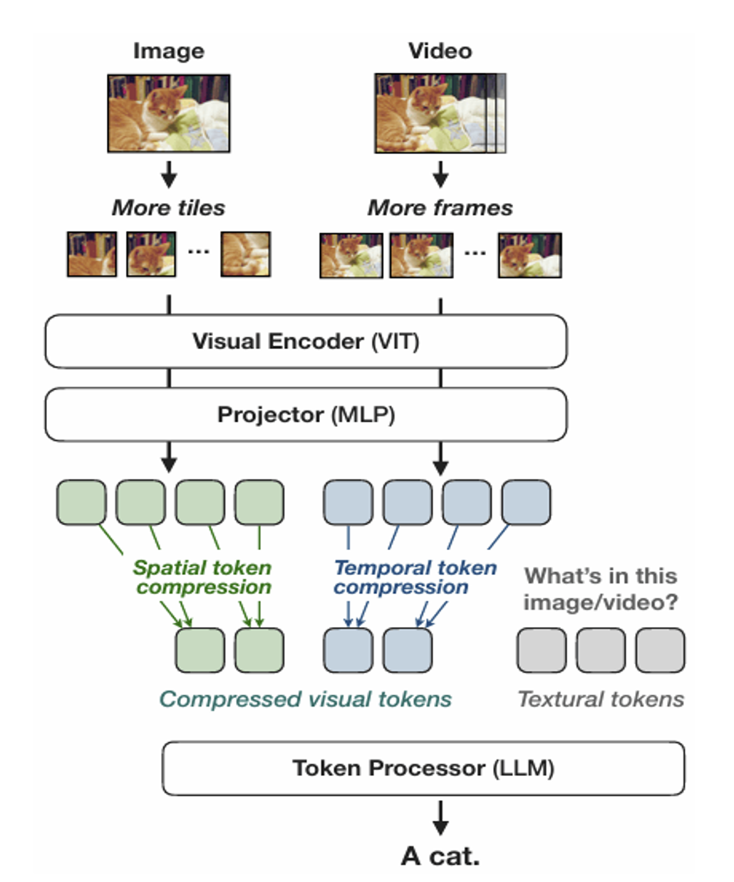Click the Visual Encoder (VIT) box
tap(306, 341)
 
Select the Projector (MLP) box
tap(306, 415)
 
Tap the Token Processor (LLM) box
tap(423, 768)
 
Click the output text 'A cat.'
tap(440, 856)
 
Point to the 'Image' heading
tap(169, 51)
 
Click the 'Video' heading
tap(440, 51)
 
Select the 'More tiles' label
tap(168, 208)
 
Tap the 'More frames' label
tap(440, 208)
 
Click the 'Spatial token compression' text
tap(203, 577)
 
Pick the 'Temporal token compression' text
tap(415, 577)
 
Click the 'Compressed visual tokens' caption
tap(305, 699)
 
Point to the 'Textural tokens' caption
tap(601, 699)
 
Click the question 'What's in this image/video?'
tap(601, 588)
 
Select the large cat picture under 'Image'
tap(169, 113)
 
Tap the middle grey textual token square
tap(601, 650)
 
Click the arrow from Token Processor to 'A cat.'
tap(440, 818)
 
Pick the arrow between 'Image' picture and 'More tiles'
tap(169, 174)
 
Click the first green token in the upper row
tap(81, 502)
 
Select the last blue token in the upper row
tap(526, 502)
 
